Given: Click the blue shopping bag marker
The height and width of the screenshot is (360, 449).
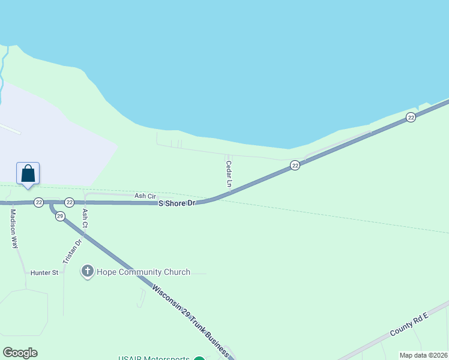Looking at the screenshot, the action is tap(28, 173).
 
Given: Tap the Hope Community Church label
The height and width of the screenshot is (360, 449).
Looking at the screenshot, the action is tap(143, 272).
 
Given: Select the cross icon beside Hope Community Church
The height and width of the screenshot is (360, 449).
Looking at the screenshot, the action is tap(87, 272).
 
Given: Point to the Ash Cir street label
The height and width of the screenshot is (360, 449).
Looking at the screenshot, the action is tap(145, 196).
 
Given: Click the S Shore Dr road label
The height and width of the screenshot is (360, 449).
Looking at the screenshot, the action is tap(177, 203).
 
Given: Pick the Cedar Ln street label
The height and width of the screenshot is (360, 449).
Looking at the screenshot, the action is tap(229, 172).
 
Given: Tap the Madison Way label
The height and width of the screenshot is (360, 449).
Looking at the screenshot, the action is tap(13, 229).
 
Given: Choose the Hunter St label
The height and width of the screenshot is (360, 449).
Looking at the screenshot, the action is tap(44, 272).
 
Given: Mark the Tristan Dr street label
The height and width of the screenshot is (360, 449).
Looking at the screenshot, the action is tap(72, 252).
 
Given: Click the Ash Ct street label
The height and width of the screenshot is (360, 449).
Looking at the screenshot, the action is tap(85, 218).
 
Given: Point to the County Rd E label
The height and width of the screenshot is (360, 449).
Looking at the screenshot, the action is tap(409, 324).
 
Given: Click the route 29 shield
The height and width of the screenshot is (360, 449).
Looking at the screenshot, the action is tap(60, 216).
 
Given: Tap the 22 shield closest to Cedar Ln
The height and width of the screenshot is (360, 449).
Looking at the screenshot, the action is tap(295, 165).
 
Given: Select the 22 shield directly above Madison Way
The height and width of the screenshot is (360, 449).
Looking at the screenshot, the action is tap(38, 202).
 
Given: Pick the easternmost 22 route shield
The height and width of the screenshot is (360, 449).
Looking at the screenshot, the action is tap(411, 118).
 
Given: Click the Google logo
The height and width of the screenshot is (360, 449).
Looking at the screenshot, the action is tap(20, 353).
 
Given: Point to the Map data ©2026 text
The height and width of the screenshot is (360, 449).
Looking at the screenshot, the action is tap(423, 355).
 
